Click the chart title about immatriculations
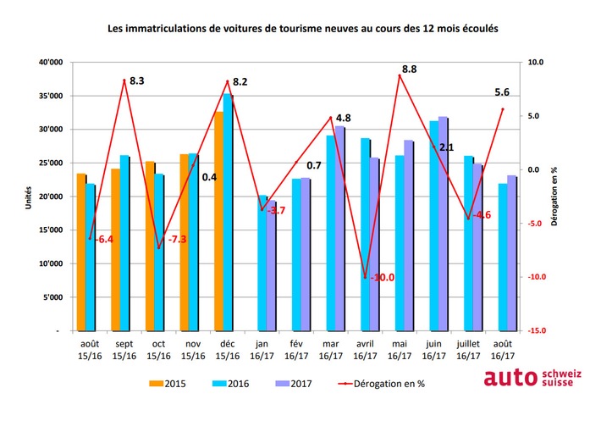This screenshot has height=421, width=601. pyautogui.click(x=302, y=28)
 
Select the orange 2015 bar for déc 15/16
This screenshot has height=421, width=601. pyautogui.click(x=219, y=220)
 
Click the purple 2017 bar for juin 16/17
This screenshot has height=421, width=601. pyautogui.click(x=443, y=224)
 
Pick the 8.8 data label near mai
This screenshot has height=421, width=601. pyautogui.click(x=409, y=69)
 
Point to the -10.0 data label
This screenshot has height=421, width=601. pyautogui.click(x=382, y=277)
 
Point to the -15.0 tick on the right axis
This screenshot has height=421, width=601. pyautogui.click(x=538, y=331)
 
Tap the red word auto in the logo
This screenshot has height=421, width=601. pyautogui.click(x=506, y=377)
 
